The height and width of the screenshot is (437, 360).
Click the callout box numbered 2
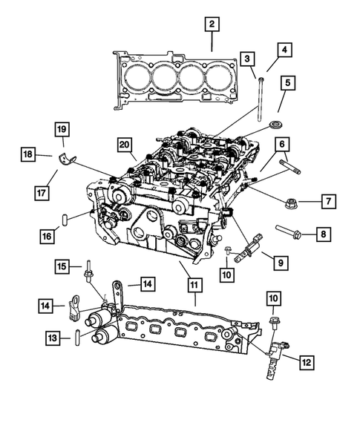click(x=212, y=25)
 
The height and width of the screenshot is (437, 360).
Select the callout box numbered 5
click(x=286, y=83)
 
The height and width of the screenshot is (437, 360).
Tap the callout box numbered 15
click(x=65, y=266)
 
